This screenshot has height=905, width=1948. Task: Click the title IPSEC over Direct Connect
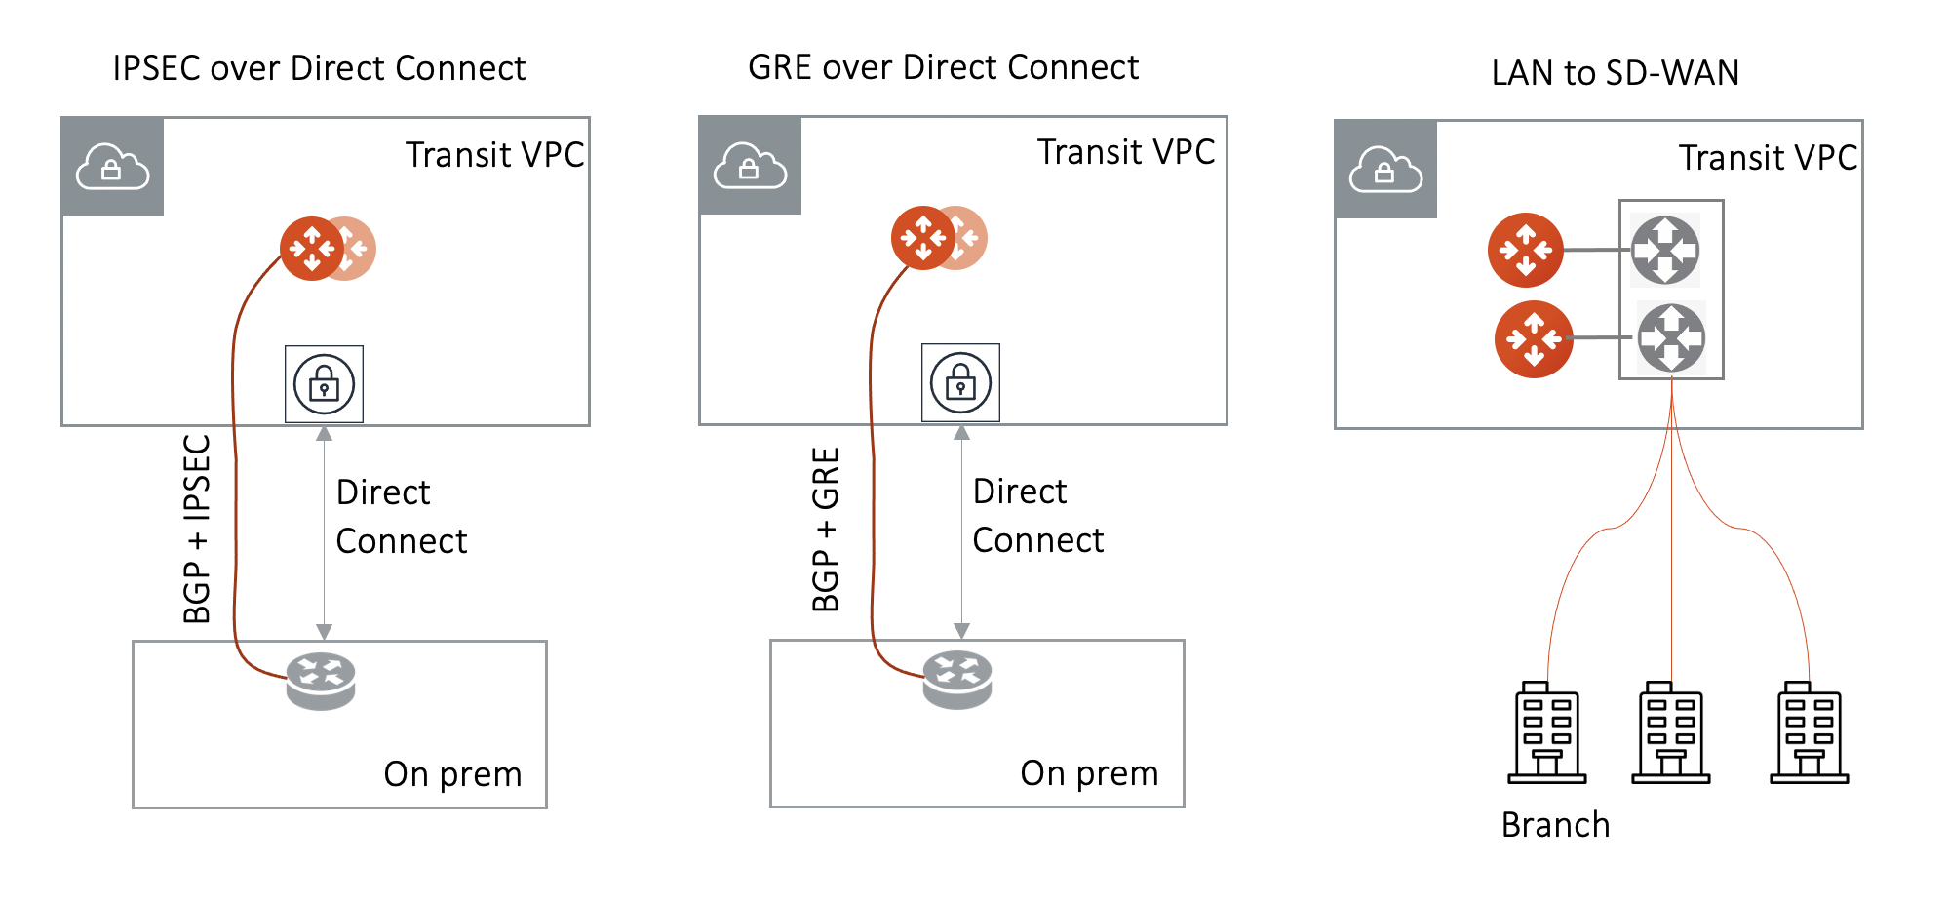coord(319,68)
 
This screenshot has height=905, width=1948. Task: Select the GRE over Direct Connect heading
coord(943,67)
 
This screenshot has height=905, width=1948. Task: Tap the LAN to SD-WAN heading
coord(1615,73)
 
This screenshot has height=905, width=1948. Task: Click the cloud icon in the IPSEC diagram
coord(112,167)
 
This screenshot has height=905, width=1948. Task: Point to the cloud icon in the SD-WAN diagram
coord(1385,170)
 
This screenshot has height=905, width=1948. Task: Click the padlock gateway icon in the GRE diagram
coord(960,383)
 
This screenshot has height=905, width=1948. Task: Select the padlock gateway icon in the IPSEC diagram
coord(324,384)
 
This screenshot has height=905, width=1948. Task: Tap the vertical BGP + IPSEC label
coord(197,529)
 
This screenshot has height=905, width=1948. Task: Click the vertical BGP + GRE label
coord(826,530)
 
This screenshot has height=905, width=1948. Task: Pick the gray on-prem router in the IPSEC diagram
coord(321,680)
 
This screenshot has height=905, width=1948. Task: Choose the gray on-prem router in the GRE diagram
coord(957,679)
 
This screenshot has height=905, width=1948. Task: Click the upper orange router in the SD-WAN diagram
coord(1525,251)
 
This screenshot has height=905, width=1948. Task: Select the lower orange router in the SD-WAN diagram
coord(1534,339)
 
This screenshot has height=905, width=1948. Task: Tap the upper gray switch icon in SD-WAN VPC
coord(1665,251)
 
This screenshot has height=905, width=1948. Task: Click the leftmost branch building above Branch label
coord(1546,733)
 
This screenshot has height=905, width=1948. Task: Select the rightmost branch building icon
coord(1810,733)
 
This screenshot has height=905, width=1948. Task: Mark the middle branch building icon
coord(1671,733)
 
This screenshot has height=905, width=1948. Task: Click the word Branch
coord(1555,825)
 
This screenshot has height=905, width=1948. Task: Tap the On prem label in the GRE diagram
coord(1089,773)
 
